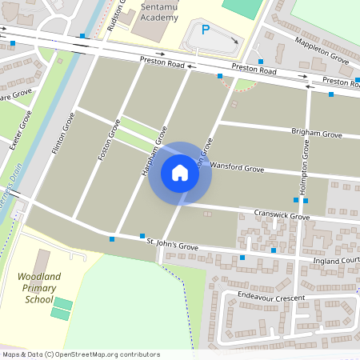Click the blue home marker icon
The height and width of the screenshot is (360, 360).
point(180,173)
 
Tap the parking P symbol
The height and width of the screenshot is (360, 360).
point(205,30)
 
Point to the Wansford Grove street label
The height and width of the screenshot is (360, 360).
point(237,168)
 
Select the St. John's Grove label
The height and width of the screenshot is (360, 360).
point(166,246)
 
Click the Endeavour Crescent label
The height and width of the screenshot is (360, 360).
point(271,296)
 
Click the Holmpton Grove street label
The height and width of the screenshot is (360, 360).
point(305,168)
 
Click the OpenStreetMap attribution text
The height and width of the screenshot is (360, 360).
point(81,354)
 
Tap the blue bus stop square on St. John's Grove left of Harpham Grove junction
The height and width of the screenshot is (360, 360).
point(112,238)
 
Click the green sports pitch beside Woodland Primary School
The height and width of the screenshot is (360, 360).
point(61,308)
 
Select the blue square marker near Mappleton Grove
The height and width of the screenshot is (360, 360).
point(260,62)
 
